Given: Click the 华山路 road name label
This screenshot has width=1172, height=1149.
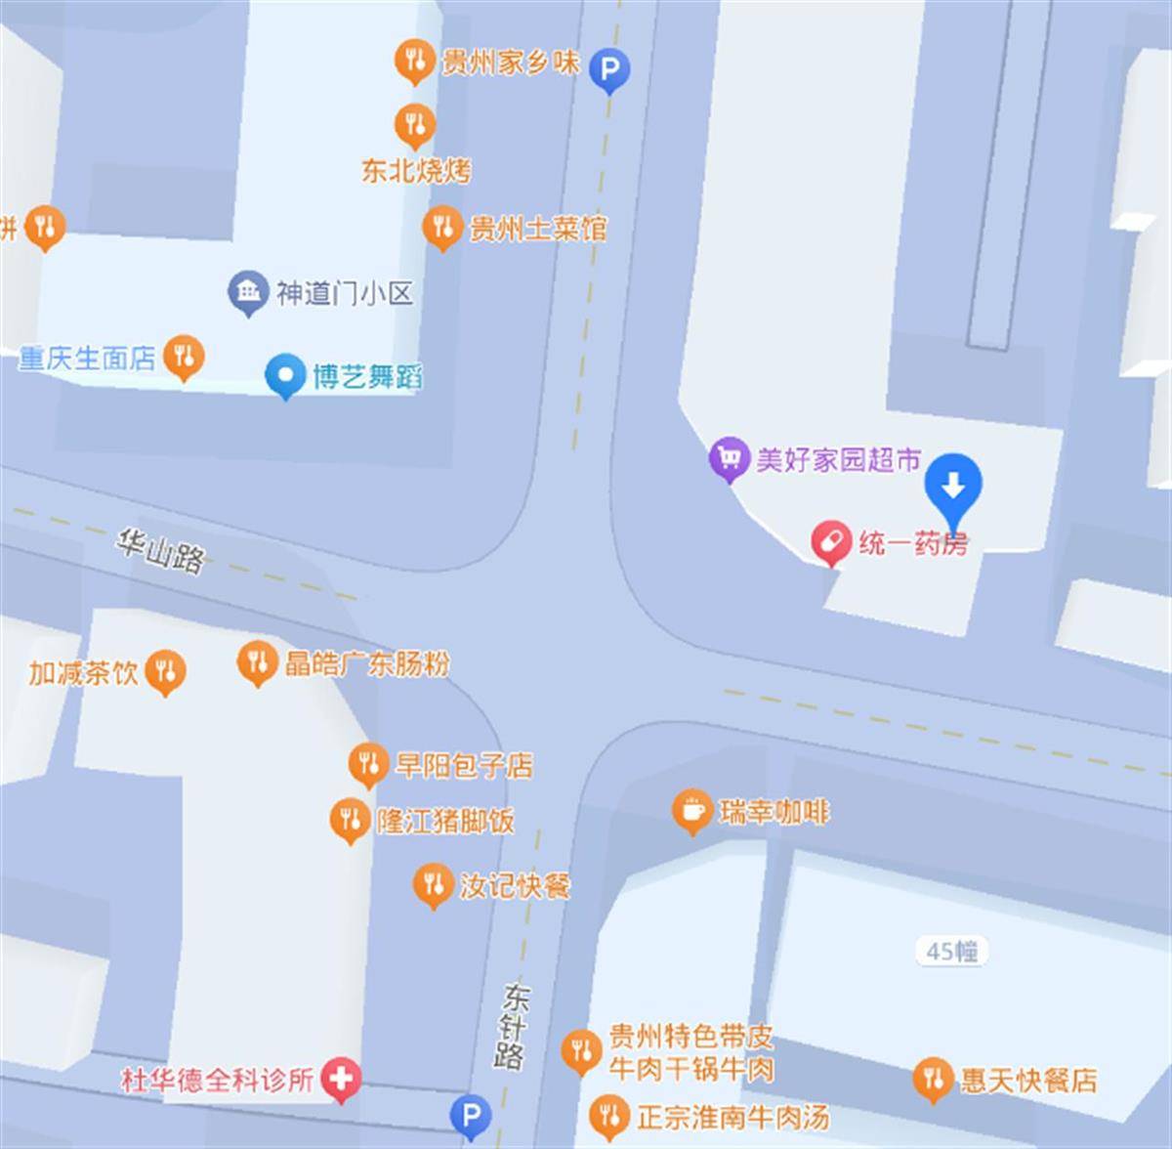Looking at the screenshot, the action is pos(161,552).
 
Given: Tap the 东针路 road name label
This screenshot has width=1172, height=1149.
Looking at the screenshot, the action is pos(511,1026).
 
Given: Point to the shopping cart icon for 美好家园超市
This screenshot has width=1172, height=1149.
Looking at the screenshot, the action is pos(728,457).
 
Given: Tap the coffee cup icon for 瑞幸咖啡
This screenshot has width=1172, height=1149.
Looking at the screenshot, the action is pos(691,809).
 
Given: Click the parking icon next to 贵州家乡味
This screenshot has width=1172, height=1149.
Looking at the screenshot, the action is pos(609,69).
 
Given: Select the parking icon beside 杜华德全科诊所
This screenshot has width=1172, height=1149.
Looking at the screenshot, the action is pos(471,1115).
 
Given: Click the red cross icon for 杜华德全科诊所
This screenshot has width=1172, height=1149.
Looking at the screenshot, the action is pos(341,1079).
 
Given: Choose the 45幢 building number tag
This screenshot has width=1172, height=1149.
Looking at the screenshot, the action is pos(952,951).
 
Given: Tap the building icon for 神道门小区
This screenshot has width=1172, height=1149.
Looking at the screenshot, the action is pos(249,291).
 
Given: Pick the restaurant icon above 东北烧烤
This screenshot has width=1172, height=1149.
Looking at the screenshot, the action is pos(415,124).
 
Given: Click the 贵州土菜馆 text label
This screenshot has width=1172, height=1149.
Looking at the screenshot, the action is pos(538,229).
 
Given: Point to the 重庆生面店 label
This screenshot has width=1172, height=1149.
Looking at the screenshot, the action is pos(88,359).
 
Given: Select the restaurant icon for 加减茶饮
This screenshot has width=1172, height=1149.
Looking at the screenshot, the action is pos(165,671).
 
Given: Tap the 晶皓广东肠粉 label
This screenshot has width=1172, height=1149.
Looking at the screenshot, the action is pos(367,663).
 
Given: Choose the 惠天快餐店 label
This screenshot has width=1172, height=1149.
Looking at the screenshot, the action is pos(1028,1080).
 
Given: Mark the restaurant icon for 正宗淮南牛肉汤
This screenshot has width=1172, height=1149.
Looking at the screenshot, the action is pos(609,1115).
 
